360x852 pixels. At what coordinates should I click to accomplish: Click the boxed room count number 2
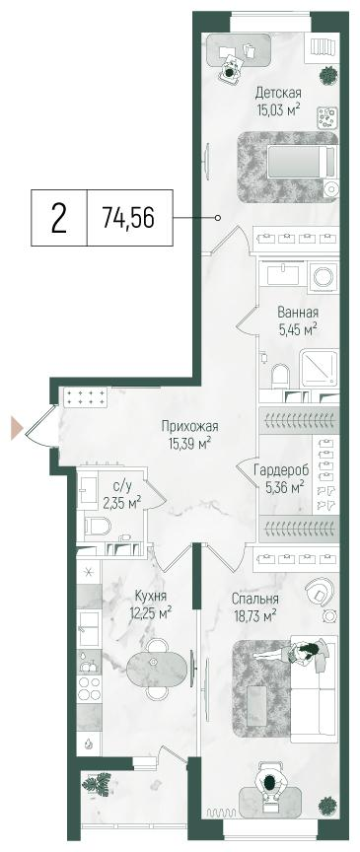point(58,218)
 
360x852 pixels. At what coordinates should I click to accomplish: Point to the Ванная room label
point(297,313)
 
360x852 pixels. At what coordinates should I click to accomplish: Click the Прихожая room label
point(190,426)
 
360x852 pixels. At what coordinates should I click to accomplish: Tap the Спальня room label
point(254,599)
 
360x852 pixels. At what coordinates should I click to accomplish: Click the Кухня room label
point(146,596)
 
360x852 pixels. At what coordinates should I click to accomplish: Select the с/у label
point(122,485)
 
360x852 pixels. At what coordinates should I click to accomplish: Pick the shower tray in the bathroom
point(318,367)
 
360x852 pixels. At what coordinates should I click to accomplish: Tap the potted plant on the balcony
point(98,786)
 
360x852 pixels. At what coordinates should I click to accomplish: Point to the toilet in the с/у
point(96,526)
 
